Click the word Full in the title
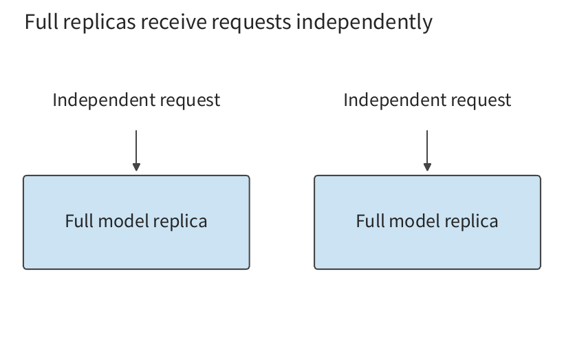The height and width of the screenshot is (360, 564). [x=41, y=21]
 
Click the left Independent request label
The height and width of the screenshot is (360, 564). [x=136, y=100]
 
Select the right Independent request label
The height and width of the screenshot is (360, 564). [x=427, y=100]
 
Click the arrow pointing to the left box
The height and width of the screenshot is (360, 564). [x=136, y=151]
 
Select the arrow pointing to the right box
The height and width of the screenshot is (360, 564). [x=427, y=151]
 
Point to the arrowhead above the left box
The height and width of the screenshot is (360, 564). [x=136, y=167]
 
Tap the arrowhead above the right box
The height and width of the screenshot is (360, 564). [x=427, y=167]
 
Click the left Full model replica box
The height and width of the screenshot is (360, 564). [x=136, y=222]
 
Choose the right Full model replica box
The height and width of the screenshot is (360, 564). [x=427, y=222]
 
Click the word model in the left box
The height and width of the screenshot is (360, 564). [x=123, y=221]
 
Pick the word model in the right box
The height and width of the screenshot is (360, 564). [x=414, y=221]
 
